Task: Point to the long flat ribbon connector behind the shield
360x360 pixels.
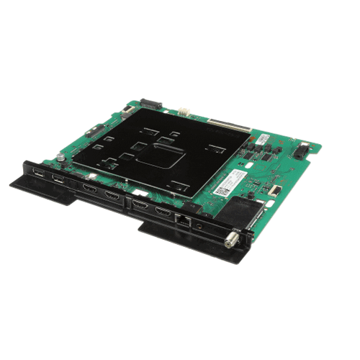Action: coord(230,125)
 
